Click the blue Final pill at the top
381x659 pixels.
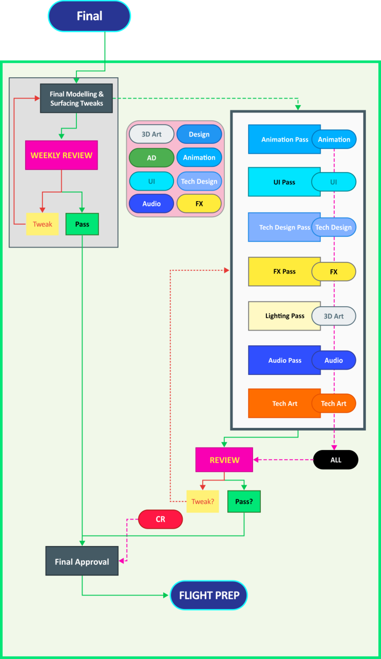(x=89, y=16)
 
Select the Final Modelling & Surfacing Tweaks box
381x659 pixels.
(x=76, y=99)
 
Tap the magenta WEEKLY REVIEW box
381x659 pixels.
(x=61, y=155)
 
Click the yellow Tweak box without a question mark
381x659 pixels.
(x=42, y=224)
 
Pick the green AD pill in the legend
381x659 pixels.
(x=151, y=158)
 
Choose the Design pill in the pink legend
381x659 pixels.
(x=199, y=134)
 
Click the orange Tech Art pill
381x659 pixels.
(x=334, y=404)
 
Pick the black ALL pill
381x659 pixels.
(x=336, y=460)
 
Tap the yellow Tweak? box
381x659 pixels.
(x=203, y=502)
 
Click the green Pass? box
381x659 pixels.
(x=244, y=502)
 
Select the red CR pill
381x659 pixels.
(x=160, y=519)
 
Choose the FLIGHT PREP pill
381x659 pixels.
(x=209, y=595)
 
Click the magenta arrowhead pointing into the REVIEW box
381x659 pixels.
(x=256, y=460)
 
